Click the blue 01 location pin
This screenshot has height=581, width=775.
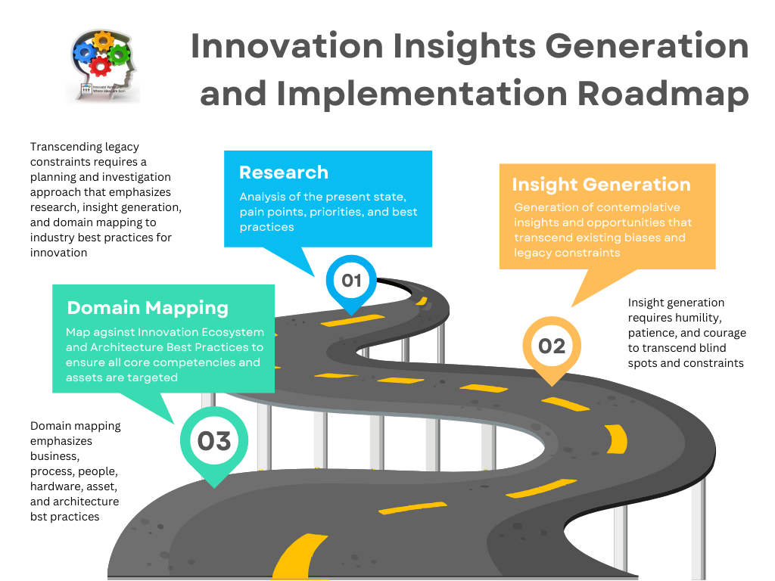(351, 281)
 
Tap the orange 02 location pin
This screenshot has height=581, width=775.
(552, 346)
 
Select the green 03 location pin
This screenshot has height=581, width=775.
(214, 441)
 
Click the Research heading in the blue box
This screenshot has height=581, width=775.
(284, 172)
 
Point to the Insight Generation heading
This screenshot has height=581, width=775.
(601, 185)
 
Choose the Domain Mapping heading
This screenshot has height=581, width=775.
(148, 308)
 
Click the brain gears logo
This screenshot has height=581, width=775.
(106, 64)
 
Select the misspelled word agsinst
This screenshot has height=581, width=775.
(112, 332)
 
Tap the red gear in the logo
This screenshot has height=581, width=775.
(100, 67)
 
